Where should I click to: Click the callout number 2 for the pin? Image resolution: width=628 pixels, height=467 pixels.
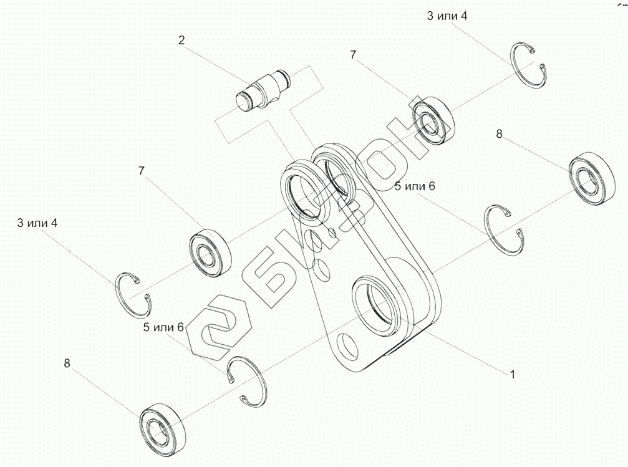[181, 41]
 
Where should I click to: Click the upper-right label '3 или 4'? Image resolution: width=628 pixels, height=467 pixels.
[447, 16]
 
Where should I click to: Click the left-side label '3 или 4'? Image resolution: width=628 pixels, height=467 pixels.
[37, 223]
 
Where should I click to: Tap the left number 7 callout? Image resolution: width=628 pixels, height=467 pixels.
[142, 170]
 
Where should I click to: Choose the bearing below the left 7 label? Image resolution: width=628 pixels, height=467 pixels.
[210, 253]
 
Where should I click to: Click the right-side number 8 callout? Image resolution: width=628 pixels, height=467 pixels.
[499, 133]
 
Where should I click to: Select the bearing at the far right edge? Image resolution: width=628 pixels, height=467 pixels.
[589, 176]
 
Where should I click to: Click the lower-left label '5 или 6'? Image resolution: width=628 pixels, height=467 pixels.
[163, 327]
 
